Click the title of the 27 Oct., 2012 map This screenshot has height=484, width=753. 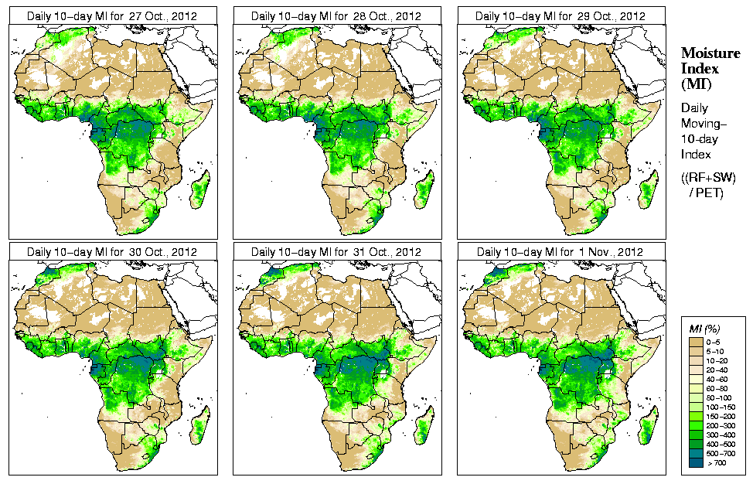point(112,15)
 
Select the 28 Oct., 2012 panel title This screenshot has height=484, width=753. point(337,15)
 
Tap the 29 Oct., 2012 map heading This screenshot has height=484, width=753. point(561,15)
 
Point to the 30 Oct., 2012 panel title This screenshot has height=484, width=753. point(112,252)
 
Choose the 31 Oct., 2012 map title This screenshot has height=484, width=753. point(337,252)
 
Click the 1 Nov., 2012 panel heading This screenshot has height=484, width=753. point(561,252)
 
